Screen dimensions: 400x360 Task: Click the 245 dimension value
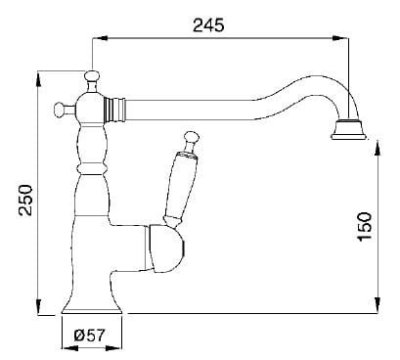(x=208, y=25)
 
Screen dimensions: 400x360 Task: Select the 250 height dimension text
(x=25, y=200)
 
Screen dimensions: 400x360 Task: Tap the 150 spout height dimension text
(x=365, y=226)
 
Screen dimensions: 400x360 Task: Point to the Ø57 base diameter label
(x=89, y=335)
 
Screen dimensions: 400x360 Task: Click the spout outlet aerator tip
(x=348, y=130)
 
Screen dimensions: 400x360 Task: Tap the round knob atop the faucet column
(x=92, y=76)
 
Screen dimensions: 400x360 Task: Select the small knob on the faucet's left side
(x=60, y=109)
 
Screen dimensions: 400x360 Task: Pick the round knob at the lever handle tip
(x=191, y=137)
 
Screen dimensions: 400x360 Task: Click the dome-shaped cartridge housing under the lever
(x=165, y=248)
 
